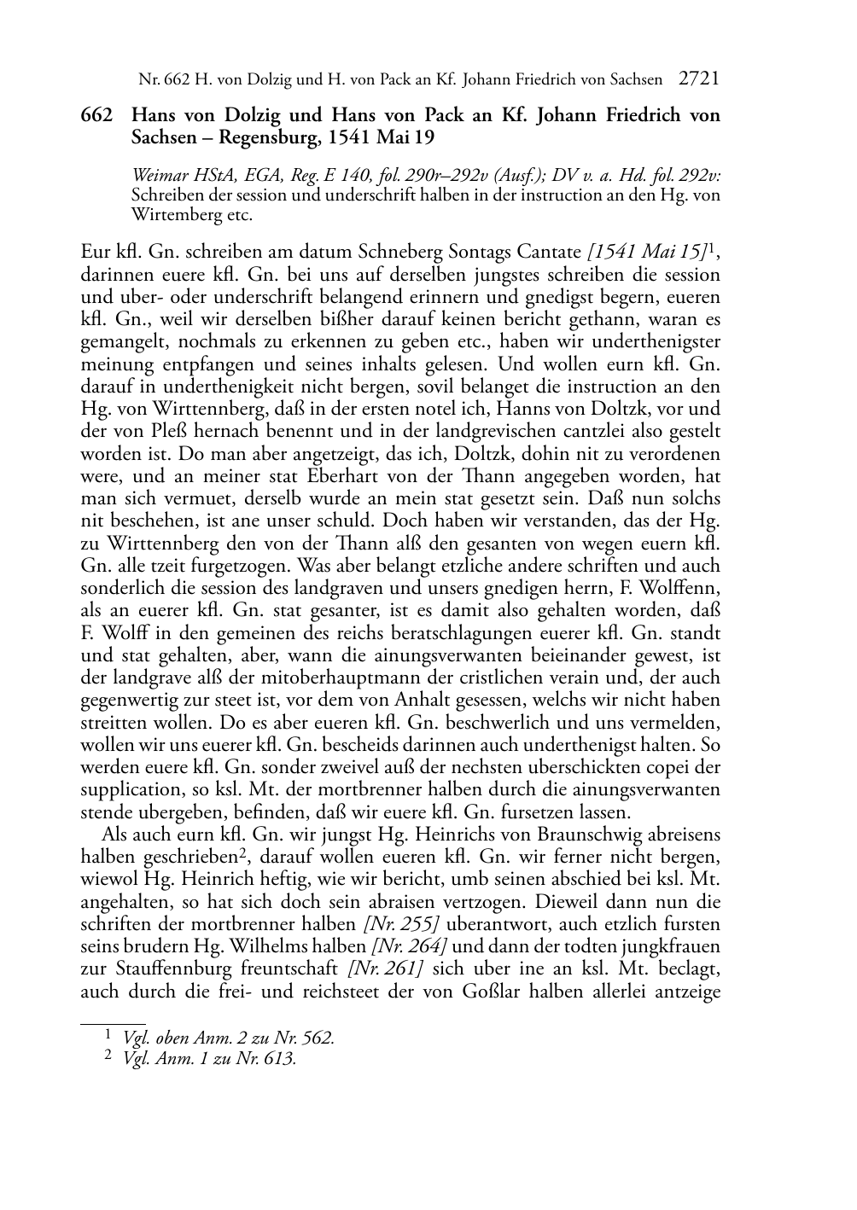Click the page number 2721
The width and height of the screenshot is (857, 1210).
(x=699, y=79)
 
